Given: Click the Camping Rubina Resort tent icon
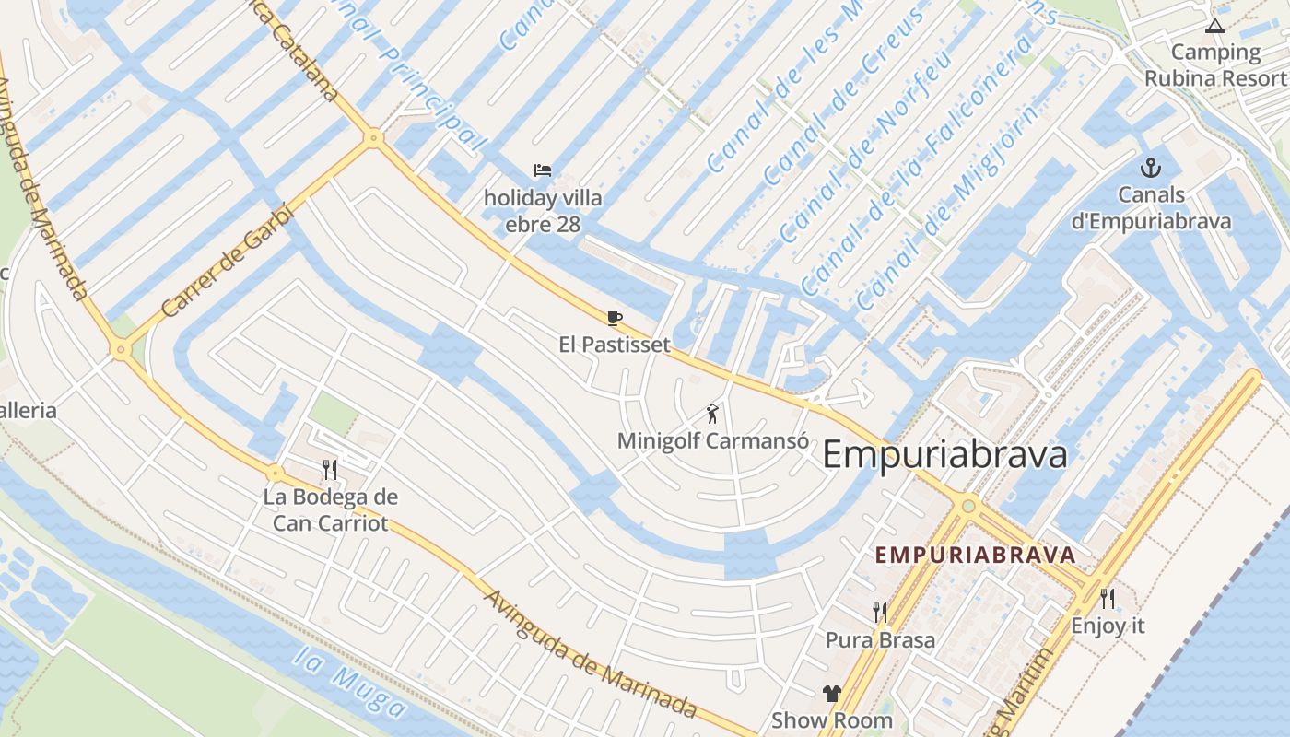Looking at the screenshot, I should pyautogui.click(x=1214, y=26).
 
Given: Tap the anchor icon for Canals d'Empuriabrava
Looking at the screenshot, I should pyautogui.click(x=1150, y=168).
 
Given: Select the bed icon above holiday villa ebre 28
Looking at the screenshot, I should pyautogui.click(x=543, y=170).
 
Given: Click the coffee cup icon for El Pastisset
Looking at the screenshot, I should pyautogui.click(x=614, y=319).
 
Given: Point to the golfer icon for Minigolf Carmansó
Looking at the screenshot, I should pyautogui.click(x=711, y=414).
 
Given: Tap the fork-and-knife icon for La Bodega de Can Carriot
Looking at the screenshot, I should pyautogui.click(x=330, y=470).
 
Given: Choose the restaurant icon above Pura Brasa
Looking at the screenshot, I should pyautogui.click(x=880, y=613).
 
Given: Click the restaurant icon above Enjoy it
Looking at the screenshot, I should pyautogui.click(x=1108, y=599).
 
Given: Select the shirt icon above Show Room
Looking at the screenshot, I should pyautogui.click(x=831, y=694).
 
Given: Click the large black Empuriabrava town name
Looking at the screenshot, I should pyautogui.click(x=944, y=454).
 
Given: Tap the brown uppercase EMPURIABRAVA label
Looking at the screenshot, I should pyautogui.click(x=975, y=556).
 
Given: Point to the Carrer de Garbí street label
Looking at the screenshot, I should pyautogui.click(x=226, y=261).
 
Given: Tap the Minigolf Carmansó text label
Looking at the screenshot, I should pyautogui.click(x=712, y=440).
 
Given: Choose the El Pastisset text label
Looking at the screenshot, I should pyautogui.click(x=614, y=345).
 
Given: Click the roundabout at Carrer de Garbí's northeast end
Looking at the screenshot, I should pyautogui.click(x=373, y=138).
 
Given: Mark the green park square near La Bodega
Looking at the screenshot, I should pyautogui.click(x=333, y=414).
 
